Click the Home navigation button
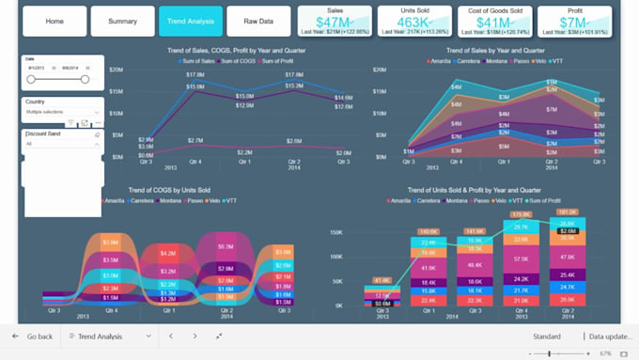(x=55, y=21)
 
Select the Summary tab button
(x=122, y=21)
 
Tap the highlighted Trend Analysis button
(x=191, y=21)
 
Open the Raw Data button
(x=258, y=21)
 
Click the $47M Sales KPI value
(x=335, y=23)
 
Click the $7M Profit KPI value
(x=574, y=23)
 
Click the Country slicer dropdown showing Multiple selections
(x=62, y=112)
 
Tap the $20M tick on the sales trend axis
(x=117, y=70)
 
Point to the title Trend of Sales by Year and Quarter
(x=495, y=50)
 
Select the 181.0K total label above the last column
(x=567, y=212)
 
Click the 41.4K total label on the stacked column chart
(x=382, y=280)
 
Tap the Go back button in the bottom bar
(x=32, y=336)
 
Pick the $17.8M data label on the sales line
(x=195, y=74)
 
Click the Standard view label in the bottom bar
(x=546, y=336)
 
